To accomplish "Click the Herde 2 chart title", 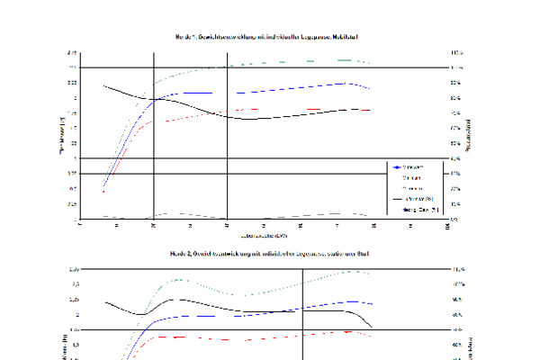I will pyautogui.click(x=270, y=254).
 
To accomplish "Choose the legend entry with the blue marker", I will pyautogui.click(x=410, y=167).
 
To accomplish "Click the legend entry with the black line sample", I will pyautogui.click(x=410, y=199).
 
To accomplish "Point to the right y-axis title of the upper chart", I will pyautogui.click(x=473, y=135).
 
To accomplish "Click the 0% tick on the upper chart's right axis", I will pyautogui.click(x=456, y=219).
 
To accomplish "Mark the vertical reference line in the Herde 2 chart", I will pyautogui.click(x=303, y=315).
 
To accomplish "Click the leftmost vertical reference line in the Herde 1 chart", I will pyautogui.click(x=154, y=135).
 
